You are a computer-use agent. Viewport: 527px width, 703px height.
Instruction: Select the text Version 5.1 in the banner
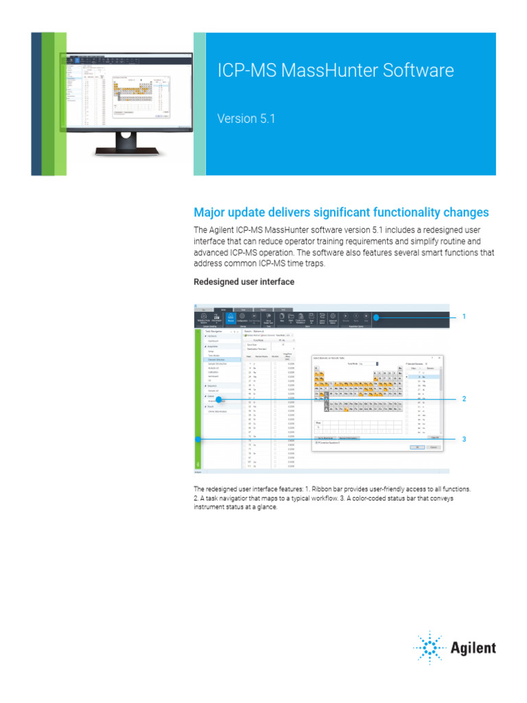point(246,118)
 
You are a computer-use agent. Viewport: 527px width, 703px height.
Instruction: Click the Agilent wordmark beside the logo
point(473,647)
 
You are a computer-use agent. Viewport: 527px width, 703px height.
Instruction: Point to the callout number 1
point(464,316)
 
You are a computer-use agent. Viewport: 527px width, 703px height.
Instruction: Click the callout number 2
point(464,399)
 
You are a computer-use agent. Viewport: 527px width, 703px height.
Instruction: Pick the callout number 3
point(464,439)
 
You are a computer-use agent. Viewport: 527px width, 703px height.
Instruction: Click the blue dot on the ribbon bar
point(375,316)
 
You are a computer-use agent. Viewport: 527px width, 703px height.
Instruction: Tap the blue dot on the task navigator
point(219,399)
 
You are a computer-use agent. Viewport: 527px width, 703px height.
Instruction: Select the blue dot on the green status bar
point(198,439)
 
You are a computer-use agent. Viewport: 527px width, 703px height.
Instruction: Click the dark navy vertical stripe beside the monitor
point(36,103)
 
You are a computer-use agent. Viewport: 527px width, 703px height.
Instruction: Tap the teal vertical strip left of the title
point(199,103)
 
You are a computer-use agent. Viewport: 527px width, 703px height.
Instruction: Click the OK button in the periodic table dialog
point(417,447)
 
